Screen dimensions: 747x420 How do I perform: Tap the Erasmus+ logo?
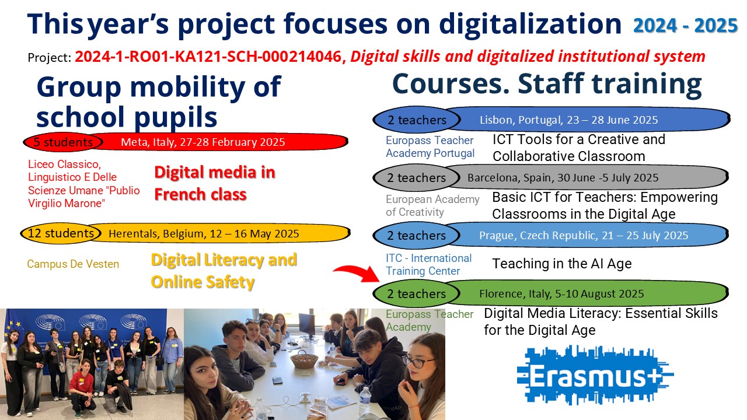coord(595,375)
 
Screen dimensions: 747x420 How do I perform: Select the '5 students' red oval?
coord(62,142)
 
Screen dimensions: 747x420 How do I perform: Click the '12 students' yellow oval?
coord(61,233)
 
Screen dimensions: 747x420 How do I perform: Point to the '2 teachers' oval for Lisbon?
coord(417,120)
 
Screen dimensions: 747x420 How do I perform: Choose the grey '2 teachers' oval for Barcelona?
coord(416,178)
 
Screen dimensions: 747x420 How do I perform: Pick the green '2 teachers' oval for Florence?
coord(416,293)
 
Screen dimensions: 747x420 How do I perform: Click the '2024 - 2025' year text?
coord(685,25)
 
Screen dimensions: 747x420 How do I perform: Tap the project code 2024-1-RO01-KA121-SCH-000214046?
coord(208,57)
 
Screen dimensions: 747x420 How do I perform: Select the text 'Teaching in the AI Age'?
coord(562,264)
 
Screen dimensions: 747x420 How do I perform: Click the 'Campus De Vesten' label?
coord(73,264)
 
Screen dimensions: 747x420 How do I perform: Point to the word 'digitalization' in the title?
coord(530,24)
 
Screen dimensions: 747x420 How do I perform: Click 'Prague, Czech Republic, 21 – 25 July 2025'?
coord(584,235)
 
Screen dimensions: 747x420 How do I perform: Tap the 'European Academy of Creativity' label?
coord(432,206)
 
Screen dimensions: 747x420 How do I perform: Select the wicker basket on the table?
coord(304,359)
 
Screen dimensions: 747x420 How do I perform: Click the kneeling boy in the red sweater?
coord(81,387)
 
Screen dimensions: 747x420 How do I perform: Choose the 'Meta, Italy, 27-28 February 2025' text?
coord(203,142)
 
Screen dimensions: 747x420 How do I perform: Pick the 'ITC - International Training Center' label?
coord(428,265)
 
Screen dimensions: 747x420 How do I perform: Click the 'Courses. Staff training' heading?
coord(547,84)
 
